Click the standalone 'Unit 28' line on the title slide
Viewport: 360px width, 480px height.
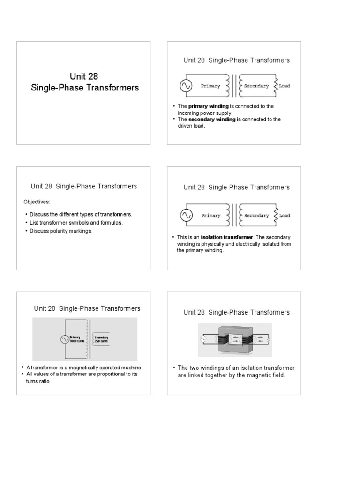click(84, 76)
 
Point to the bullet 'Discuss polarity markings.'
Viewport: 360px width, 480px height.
click(61, 231)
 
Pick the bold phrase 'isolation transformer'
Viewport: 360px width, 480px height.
click(228, 237)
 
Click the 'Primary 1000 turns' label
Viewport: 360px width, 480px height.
click(75, 339)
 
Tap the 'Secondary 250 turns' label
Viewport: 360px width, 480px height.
click(101, 339)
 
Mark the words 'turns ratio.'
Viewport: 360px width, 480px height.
click(38, 381)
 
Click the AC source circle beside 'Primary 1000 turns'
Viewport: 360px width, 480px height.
click(64, 340)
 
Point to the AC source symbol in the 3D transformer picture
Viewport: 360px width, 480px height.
click(203, 338)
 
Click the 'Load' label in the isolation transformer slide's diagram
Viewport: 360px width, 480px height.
click(285, 216)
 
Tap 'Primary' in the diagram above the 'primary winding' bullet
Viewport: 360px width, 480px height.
click(210, 86)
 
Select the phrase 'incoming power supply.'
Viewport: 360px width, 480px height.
click(205, 113)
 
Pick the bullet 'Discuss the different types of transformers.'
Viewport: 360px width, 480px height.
click(81, 214)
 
